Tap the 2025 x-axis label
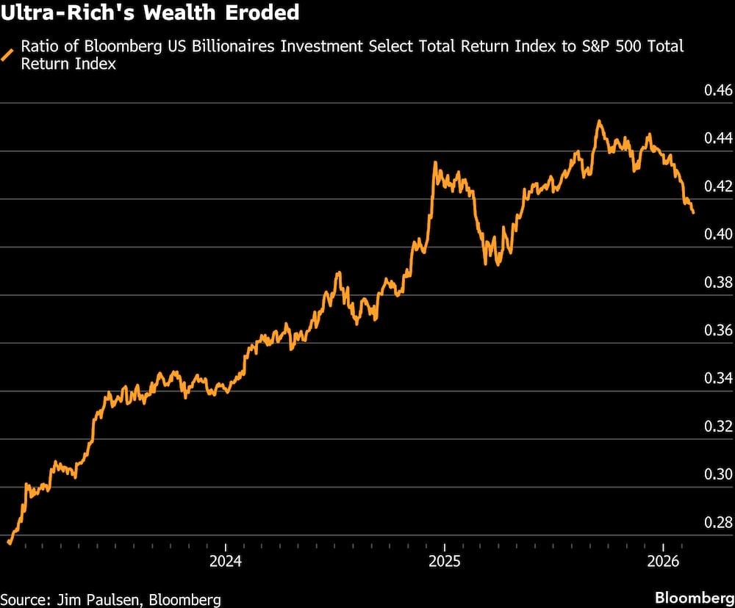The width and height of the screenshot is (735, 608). [444, 562]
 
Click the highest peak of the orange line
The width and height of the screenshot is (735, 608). [599, 121]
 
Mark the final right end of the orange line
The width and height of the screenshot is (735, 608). [693, 213]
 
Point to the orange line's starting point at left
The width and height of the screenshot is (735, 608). [9, 543]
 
